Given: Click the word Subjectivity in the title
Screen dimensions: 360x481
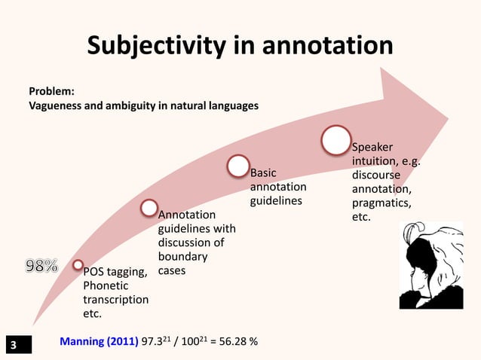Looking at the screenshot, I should pos(155,45).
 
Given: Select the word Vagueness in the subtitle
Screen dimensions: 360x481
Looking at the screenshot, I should pos(55,105).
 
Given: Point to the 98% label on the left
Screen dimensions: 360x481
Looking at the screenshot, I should pos(42,265).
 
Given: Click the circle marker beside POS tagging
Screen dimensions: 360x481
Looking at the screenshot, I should pos(78,264).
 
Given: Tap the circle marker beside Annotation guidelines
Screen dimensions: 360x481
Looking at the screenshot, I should pos(149,207).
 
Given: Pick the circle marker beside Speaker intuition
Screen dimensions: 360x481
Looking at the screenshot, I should pos(335,140).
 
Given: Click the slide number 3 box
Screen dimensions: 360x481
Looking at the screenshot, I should pos(12,346).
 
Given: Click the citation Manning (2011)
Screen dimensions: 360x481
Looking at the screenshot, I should pos(98,342).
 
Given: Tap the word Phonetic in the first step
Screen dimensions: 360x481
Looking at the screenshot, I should pos(105,286).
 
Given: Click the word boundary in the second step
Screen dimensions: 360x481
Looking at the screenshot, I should pos(181,256).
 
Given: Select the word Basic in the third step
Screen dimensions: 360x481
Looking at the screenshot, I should pos(265,173).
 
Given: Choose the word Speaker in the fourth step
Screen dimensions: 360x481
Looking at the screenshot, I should pos(372,147).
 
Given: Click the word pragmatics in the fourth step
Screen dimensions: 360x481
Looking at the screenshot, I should pos(381,204).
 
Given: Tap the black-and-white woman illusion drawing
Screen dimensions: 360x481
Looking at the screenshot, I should pos(430,265).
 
